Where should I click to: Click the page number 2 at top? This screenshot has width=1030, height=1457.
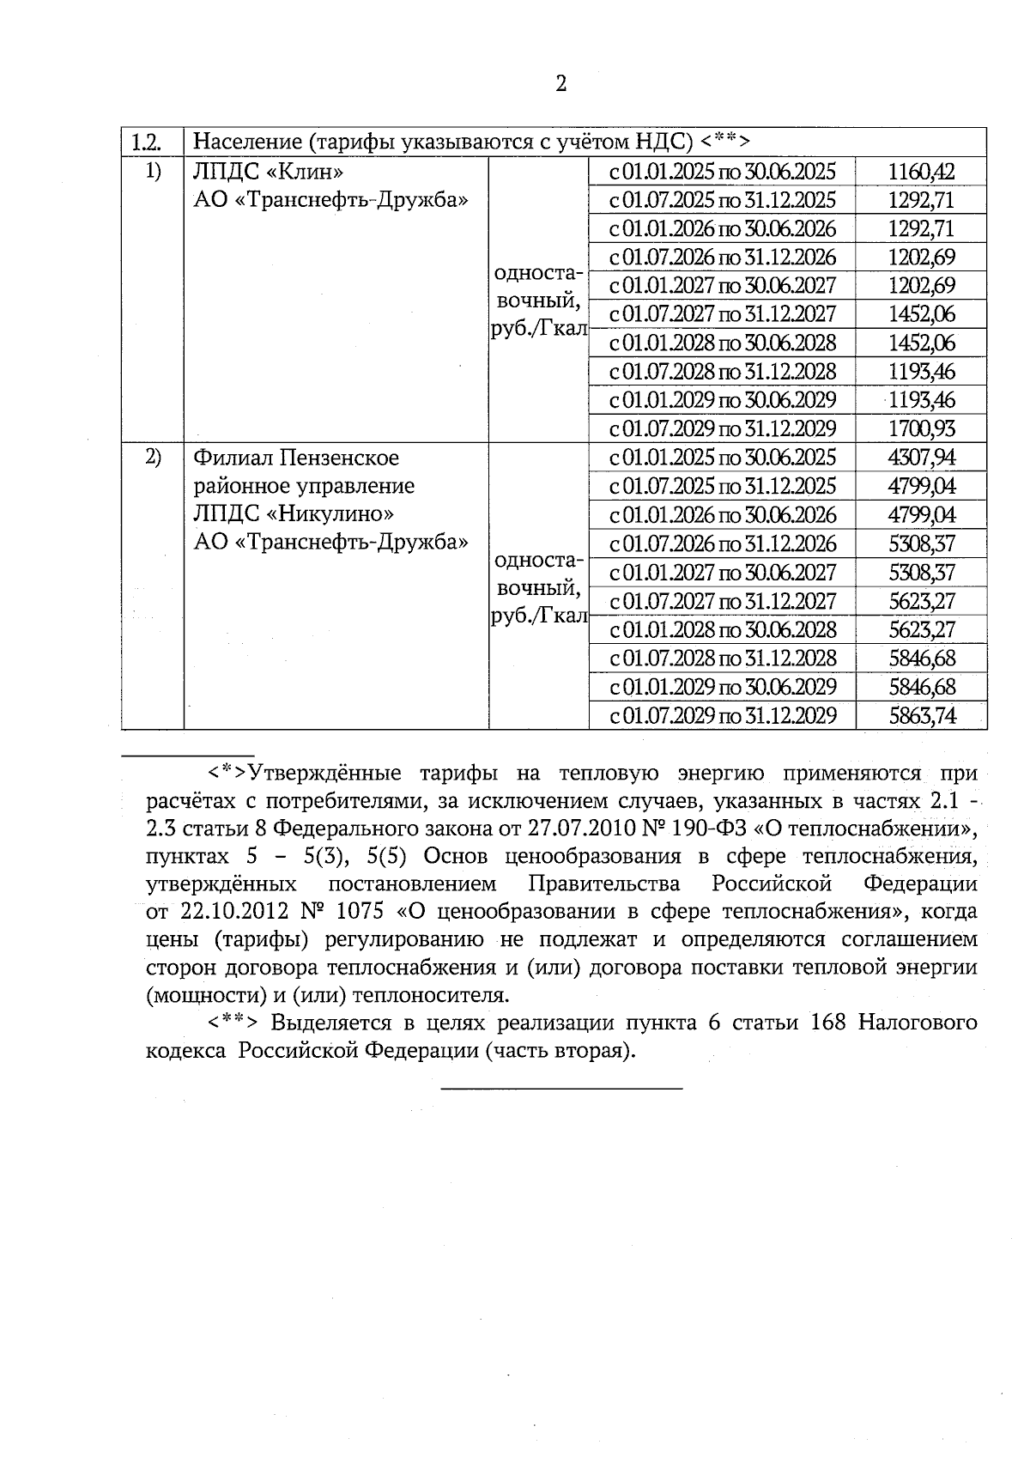click(561, 83)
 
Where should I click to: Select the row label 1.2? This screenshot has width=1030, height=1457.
click(146, 142)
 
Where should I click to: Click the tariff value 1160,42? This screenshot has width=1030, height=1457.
click(921, 172)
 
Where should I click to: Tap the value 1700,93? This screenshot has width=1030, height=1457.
click(921, 428)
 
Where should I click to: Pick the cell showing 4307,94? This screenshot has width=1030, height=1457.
click(921, 458)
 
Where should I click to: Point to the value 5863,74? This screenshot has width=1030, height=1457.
click(921, 716)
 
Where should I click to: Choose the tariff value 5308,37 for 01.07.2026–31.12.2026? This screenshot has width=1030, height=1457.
click(921, 543)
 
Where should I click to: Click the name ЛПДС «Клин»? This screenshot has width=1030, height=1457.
click(262, 172)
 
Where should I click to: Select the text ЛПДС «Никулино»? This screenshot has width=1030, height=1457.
click(294, 514)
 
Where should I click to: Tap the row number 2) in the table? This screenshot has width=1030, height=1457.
click(152, 457)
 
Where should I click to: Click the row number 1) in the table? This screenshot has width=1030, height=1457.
click(152, 171)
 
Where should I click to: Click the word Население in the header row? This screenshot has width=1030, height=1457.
click(246, 142)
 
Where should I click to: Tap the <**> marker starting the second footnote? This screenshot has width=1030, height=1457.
click(233, 1023)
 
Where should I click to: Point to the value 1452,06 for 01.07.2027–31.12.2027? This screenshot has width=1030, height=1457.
click(921, 314)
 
